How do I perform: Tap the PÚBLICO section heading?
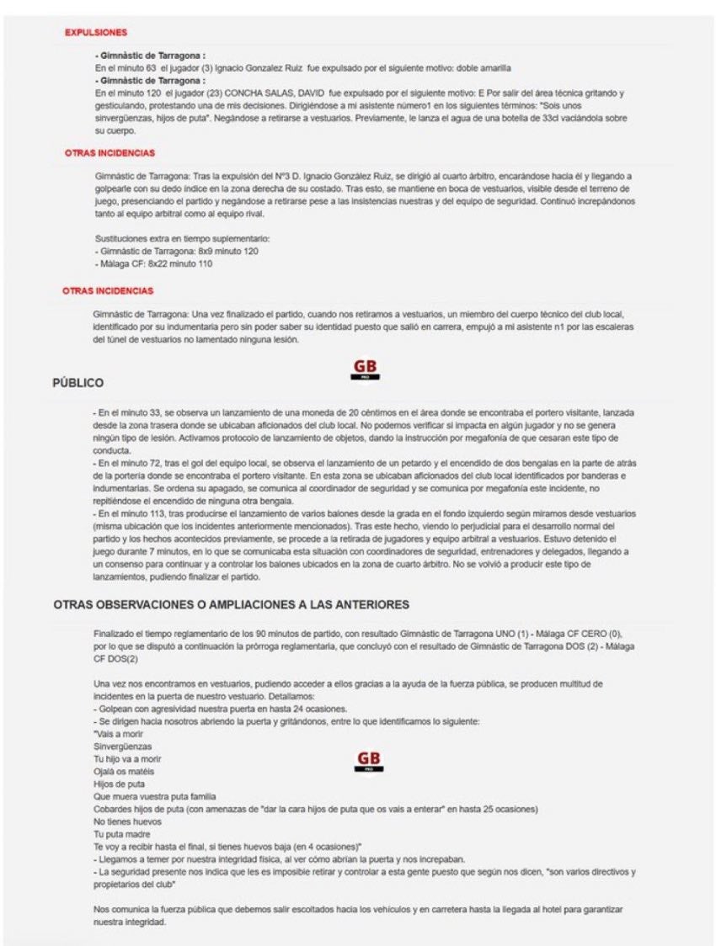[77, 383]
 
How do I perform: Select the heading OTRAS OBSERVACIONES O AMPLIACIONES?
[231, 604]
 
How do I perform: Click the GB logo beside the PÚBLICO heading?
[366, 369]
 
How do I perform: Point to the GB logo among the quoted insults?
[368, 761]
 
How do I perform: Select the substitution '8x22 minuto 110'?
[175, 263]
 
